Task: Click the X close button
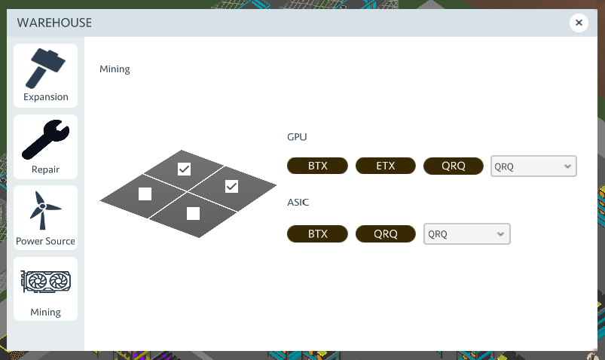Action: [x=579, y=23]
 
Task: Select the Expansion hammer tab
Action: [x=45, y=75]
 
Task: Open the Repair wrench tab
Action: [x=45, y=147]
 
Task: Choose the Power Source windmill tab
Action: [x=45, y=218]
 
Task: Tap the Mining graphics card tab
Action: [x=45, y=289]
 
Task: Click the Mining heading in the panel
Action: [x=115, y=69]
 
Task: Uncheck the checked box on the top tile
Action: [x=184, y=169]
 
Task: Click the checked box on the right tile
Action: [x=232, y=186]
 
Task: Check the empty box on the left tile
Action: [x=145, y=194]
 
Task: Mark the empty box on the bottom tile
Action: [x=193, y=213]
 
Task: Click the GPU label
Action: [x=297, y=137]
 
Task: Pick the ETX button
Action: [x=386, y=166]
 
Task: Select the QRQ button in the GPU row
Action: [x=454, y=166]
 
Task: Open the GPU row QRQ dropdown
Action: [x=533, y=166]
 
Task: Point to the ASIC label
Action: [x=298, y=203]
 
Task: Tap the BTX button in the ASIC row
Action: [x=318, y=233]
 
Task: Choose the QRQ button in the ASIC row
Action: [x=386, y=233]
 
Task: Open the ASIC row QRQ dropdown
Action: [x=467, y=234]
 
